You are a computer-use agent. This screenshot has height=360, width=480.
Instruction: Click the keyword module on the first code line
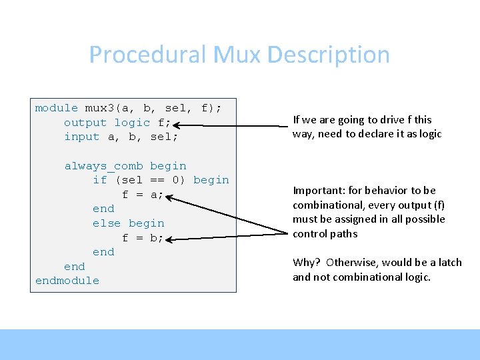(57, 108)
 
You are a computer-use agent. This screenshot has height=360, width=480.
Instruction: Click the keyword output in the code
(85, 123)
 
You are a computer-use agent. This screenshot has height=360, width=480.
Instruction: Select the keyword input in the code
(81, 137)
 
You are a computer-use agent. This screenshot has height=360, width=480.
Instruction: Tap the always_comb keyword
(103, 166)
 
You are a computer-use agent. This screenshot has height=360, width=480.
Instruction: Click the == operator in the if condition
(157, 180)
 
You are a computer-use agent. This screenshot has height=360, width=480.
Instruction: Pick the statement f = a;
(143, 195)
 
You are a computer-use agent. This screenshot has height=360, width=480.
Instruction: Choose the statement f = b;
(143, 237)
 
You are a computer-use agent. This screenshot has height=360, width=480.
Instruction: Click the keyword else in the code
(107, 223)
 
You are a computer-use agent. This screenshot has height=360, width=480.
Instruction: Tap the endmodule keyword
(67, 281)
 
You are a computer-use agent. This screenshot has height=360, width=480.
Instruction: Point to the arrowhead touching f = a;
(169, 197)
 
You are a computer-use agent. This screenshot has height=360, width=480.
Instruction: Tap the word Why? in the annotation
(307, 262)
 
